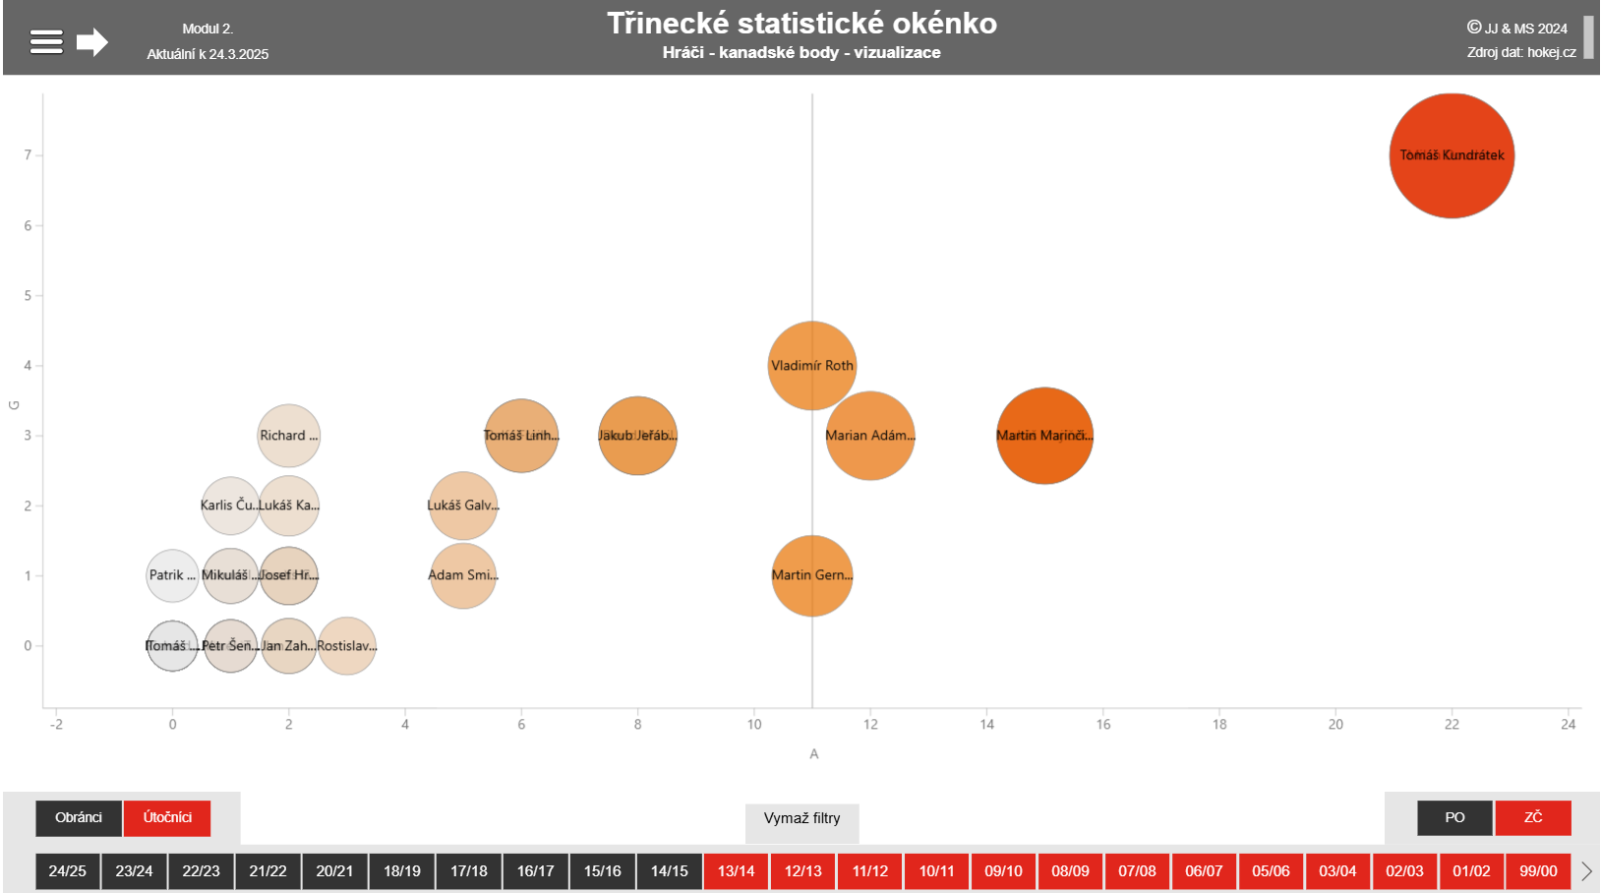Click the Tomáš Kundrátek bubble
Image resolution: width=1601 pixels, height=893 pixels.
(1452, 155)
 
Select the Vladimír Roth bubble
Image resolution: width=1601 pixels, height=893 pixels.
(811, 365)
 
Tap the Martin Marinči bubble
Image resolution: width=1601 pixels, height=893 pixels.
(1044, 436)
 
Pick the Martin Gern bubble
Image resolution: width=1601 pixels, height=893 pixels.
(811, 575)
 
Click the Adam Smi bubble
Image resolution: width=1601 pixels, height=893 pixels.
(462, 575)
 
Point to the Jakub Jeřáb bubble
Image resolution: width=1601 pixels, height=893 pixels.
(637, 436)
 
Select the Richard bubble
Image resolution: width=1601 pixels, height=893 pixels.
(288, 436)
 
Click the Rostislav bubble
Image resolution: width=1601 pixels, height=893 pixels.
(347, 646)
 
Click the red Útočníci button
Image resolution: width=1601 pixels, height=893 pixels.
(167, 817)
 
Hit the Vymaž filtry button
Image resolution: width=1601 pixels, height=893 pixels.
(801, 818)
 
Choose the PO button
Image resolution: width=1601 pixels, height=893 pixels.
(1454, 817)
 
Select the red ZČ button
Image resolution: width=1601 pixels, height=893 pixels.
(1532, 817)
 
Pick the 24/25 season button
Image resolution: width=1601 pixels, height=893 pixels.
(67, 871)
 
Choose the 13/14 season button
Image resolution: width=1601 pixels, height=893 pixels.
(736, 871)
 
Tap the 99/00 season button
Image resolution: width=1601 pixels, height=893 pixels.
(1538, 871)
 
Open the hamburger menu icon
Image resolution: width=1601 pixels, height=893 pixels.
(46, 41)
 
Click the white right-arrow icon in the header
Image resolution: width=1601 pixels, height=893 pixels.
(92, 41)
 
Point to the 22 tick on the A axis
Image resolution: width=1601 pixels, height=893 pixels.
(1452, 725)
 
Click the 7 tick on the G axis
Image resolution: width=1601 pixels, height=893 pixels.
(28, 155)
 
